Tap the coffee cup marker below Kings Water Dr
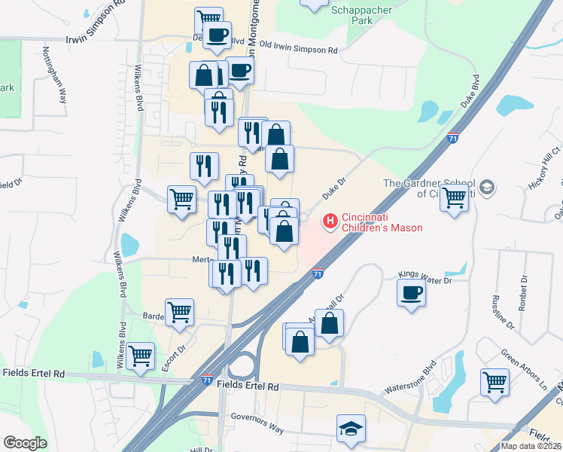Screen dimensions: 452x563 click(x=412, y=292)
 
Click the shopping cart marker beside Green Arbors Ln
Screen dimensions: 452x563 click(x=495, y=381)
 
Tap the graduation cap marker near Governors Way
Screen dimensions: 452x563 click(x=351, y=429)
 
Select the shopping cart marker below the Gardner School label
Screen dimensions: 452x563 click(x=454, y=200)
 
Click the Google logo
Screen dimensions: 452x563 click(x=26, y=442)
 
